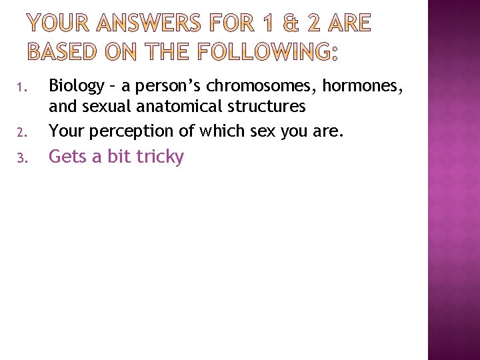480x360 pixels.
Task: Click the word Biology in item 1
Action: (x=77, y=87)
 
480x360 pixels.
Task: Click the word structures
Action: (x=268, y=106)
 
